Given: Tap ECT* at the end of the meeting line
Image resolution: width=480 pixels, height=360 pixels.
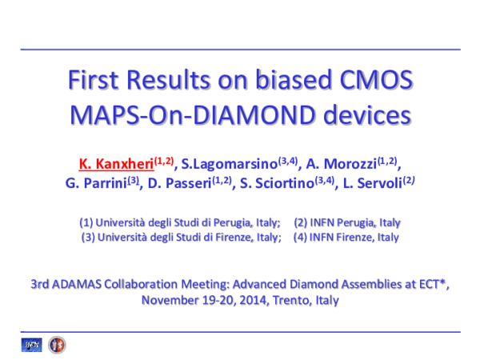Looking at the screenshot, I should (432, 284).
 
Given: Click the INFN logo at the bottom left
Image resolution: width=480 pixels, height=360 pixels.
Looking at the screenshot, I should (32, 345).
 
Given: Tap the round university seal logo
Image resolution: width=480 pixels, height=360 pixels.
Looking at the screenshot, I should (57, 345).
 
